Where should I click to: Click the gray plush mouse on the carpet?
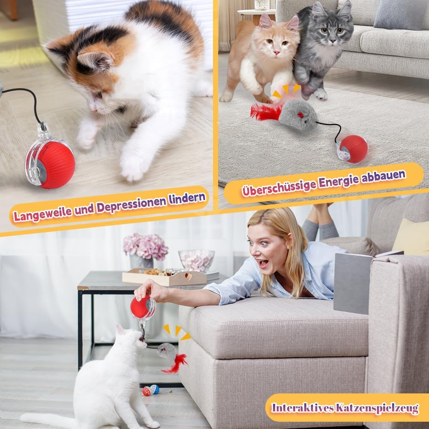click(298, 114)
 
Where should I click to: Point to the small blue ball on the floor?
click(155, 389)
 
